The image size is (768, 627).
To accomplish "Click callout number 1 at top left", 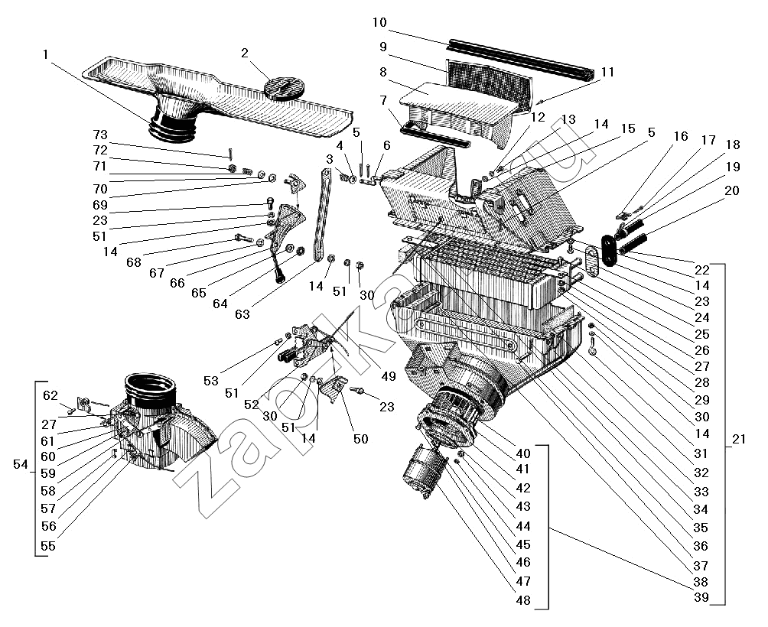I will tap(47, 55).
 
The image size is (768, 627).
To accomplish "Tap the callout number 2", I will tap(245, 53).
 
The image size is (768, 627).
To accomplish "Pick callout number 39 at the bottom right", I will tap(701, 596).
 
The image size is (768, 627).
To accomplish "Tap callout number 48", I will tap(522, 600).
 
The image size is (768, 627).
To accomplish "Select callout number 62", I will tap(50, 395).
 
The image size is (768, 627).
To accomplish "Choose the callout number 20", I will tap(731, 190).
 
